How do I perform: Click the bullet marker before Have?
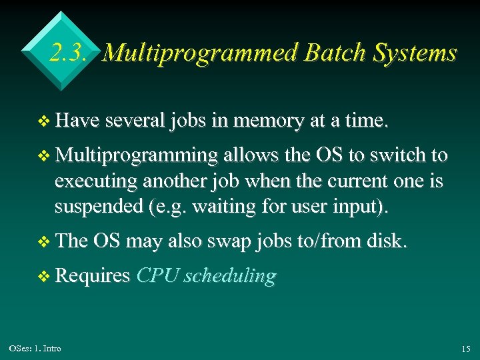tap(45, 121)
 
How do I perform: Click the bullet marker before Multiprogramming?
tap(45, 156)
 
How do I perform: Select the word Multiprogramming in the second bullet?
tap(137, 155)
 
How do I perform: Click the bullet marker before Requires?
tap(45, 277)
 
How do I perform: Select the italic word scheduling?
tap(229, 277)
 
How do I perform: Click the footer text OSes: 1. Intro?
tap(35, 349)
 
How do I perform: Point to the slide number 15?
tap(465, 349)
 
